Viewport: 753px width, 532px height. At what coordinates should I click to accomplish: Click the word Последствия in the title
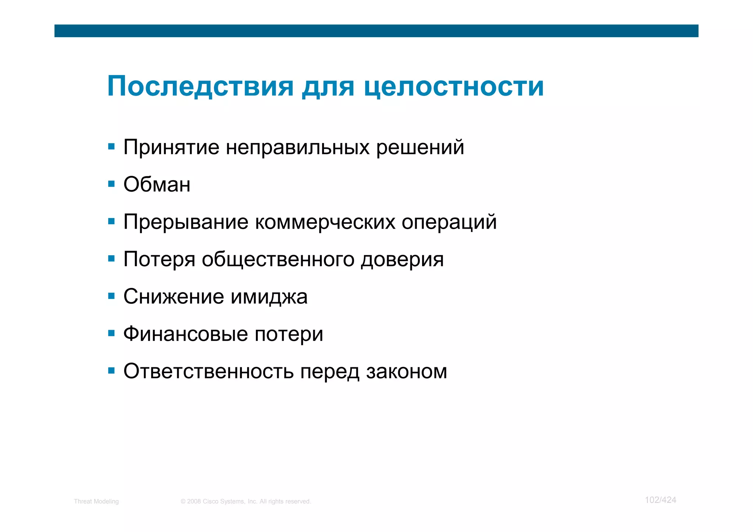[x=200, y=87]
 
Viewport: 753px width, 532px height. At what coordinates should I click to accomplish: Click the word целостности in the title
[x=454, y=87]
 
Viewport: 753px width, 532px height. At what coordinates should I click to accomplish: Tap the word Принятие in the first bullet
[x=171, y=147]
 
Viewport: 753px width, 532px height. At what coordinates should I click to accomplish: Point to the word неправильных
[x=297, y=147]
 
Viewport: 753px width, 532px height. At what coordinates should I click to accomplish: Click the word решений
[x=420, y=147]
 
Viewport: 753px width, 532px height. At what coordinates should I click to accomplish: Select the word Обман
[x=157, y=185]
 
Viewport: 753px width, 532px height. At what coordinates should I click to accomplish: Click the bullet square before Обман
[x=111, y=183]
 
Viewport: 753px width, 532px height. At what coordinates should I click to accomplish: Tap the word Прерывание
[x=186, y=222]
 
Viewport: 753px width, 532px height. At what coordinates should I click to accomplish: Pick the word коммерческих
[x=325, y=222]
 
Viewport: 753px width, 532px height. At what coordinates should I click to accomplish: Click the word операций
[x=449, y=222]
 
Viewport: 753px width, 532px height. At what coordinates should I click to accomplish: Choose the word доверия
[x=402, y=260]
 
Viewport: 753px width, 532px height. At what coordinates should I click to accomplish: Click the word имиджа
[x=269, y=297]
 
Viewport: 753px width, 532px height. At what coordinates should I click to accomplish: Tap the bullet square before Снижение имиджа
[x=111, y=296]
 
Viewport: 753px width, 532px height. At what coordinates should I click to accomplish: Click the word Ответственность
[x=208, y=371]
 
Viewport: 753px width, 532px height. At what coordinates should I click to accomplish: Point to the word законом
[x=406, y=372]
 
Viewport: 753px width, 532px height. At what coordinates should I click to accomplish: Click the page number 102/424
[x=660, y=500]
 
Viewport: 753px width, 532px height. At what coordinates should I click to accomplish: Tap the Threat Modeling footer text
[x=96, y=501]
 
